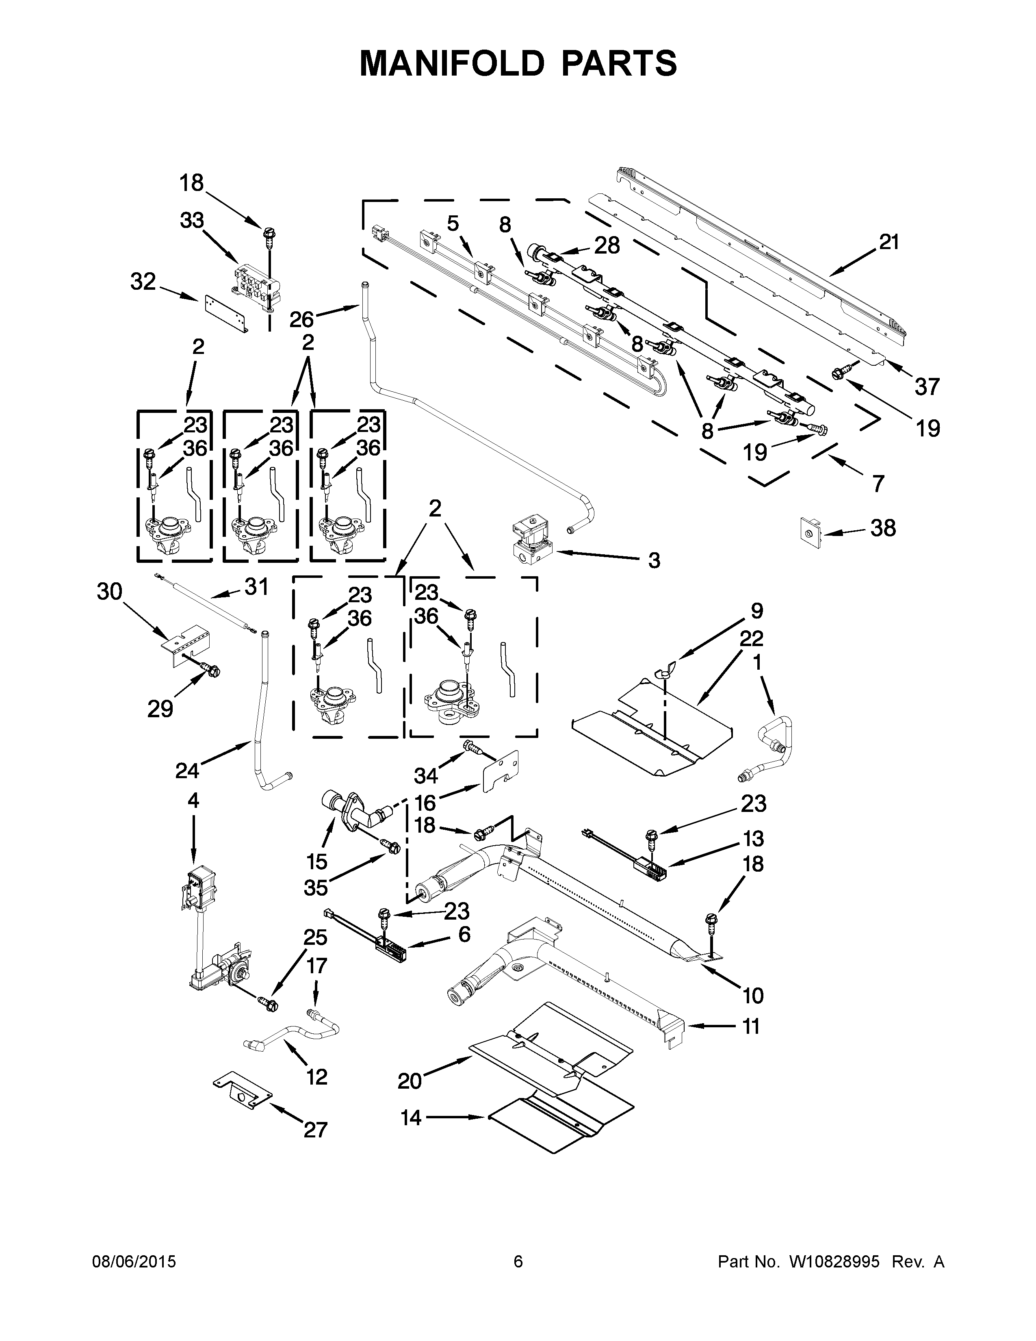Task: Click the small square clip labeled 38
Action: point(810,530)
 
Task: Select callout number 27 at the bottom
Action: point(315,1129)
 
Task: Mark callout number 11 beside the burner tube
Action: point(751,1026)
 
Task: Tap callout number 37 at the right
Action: point(928,387)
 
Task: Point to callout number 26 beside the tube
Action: point(301,319)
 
